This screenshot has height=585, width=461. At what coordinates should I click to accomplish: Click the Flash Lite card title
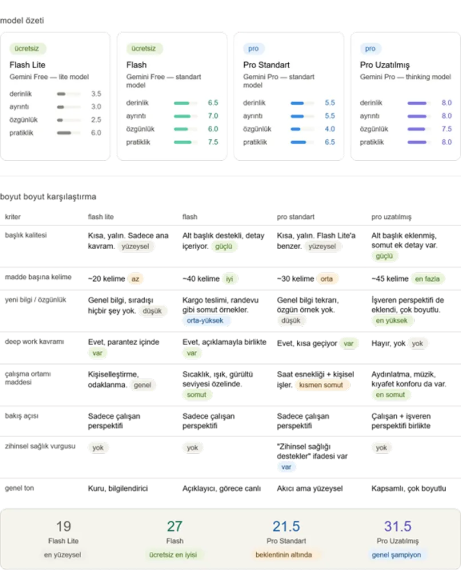(x=27, y=65)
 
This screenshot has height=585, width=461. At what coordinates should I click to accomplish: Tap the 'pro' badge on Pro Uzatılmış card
(x=370, y=49)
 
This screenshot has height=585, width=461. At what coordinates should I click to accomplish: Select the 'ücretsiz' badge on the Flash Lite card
(x=27, y=49)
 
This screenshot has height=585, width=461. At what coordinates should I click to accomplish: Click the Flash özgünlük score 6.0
(x=213, y=129)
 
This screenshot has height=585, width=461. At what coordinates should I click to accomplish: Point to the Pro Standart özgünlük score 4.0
(x=330, y=129)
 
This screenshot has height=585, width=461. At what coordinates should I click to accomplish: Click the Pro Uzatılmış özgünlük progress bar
(x=419, y=129)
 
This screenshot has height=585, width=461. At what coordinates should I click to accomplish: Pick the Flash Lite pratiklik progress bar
(x=69, y=133)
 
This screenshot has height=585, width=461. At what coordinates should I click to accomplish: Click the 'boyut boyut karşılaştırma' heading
(x=48, y=197)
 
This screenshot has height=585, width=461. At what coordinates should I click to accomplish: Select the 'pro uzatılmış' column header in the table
(x=391, y=217)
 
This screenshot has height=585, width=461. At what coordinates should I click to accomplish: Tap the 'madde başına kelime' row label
(x=38, y=277)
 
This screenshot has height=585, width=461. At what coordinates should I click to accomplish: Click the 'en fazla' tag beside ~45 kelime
(x=427, y=279)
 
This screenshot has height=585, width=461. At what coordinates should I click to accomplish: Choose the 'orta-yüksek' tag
(x=205, y=320)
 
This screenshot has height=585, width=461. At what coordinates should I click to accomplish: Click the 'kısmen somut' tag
(x=321, y=385)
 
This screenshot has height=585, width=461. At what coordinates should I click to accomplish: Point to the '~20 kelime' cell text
(x=106, y=279)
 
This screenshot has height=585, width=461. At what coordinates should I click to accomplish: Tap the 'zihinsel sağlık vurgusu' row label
(x=40, y=446)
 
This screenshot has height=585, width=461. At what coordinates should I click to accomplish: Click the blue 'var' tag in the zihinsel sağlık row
(x=286, y=467)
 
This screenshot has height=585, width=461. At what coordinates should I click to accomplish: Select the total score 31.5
(x=398, y=526)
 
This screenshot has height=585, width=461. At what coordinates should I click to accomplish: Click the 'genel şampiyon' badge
(x=396, y=555)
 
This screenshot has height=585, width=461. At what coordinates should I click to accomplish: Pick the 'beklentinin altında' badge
(x=284, y=555)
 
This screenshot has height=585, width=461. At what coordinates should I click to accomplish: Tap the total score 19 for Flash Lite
(x=63, y=526)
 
